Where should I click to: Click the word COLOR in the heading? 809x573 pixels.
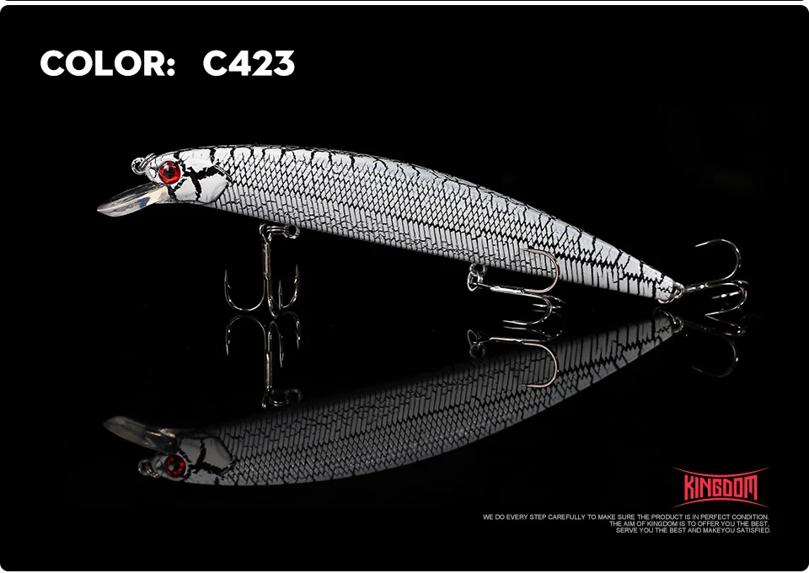102,63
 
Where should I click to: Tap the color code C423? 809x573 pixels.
249,63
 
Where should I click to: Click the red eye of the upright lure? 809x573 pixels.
169,172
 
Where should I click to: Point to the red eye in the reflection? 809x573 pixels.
175,466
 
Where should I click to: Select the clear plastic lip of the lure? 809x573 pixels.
131,199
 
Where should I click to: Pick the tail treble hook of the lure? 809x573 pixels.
718,279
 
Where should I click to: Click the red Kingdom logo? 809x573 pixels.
721,487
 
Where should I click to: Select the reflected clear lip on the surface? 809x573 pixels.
135,431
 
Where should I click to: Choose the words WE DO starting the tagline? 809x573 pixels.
494,517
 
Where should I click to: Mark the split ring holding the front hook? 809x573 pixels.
280,231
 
